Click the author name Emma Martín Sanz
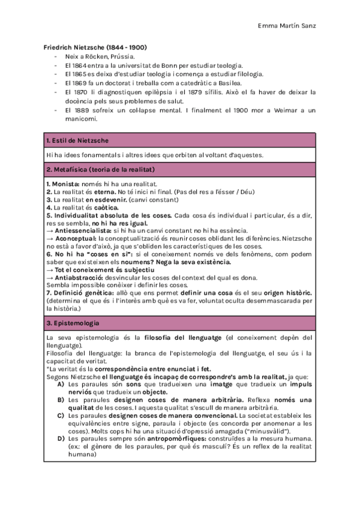click(x=286, y=26)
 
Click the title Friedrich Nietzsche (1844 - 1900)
click(x=96, y=47)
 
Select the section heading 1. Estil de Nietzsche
click(x=77, y=140)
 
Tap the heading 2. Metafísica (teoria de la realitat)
click(x=101, y=170)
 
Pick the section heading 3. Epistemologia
click(x=73, y=323)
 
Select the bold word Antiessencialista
click(x=82, y=230)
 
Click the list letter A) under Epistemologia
click(x=61, y=384)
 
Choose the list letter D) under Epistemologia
click(x=61, y=438)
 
